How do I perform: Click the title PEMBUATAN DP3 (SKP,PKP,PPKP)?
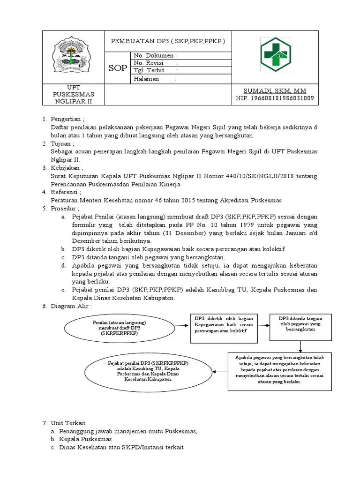click(x=168, y=41)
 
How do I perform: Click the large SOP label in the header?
click(x=118, y=68)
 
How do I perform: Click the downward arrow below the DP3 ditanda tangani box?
click(x=300, y=346)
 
